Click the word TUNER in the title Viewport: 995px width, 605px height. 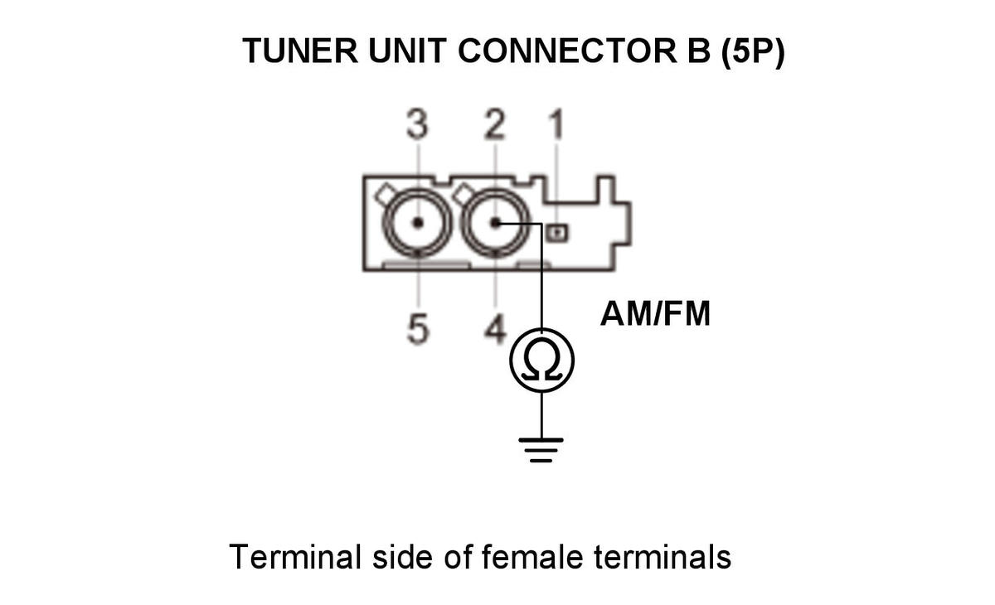(300, 51)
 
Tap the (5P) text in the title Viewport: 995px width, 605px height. (753, 51)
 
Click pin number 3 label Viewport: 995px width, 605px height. (418, 123)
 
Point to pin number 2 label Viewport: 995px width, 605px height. (495, 123)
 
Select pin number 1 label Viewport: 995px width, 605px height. (557, 123)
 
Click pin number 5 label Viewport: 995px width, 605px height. (418, 329)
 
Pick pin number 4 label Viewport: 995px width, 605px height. (495, 329)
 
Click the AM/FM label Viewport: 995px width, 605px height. (655, 314)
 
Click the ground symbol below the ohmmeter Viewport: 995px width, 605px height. (541, 450)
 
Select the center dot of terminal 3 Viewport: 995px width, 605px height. (418, 222)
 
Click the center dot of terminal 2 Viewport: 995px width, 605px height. (496, 222)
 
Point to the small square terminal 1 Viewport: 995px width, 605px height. (557, 233)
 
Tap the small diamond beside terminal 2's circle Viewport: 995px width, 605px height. (463, 194)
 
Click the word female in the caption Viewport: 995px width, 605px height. (532, 557)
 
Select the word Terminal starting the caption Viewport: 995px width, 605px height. (295, 557)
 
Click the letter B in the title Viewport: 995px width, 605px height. (699, 51)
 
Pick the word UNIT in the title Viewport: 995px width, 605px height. (407, 51)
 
